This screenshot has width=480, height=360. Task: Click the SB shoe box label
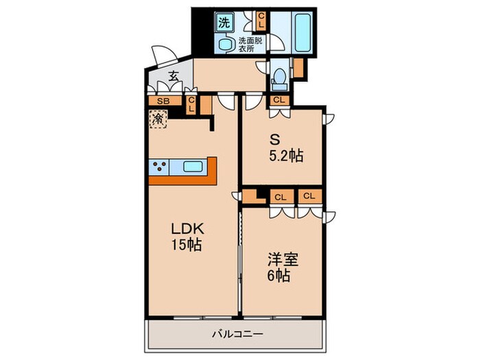coord(163,101)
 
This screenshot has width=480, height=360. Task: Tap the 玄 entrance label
coord(173,77)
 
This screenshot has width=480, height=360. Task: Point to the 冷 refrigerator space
coord(158,119)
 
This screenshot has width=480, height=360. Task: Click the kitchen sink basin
coord(193,166)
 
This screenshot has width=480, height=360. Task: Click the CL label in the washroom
coord(261,20)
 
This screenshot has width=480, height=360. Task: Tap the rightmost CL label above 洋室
coord(309,196)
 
